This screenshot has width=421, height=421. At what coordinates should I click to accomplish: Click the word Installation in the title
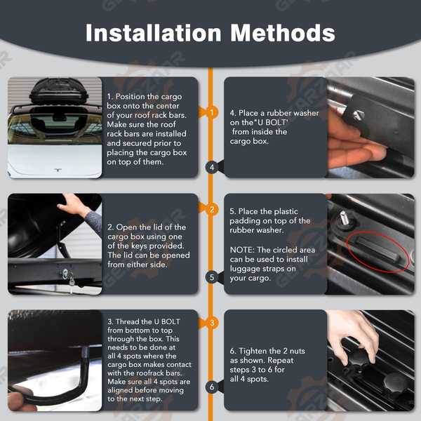tap(153, 33)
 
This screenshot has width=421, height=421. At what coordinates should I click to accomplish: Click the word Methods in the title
tap(283, 33)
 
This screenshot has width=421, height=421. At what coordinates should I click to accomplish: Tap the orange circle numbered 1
tap(212, 112)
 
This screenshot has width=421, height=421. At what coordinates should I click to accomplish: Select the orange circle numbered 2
tap(212, 209)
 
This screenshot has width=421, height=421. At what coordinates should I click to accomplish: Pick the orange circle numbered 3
tap(212, 323)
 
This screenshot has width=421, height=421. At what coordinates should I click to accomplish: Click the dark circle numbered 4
tap(212, 167)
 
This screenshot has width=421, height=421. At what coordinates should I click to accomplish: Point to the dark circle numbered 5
tap(212, 277)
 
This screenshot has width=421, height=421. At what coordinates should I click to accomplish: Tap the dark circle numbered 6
tap(212, 387)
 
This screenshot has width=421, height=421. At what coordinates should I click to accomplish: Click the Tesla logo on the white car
tap(58, 171)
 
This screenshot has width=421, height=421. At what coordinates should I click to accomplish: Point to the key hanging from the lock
tap(72, 281)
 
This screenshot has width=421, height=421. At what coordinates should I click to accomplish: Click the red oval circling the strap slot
tap(378, 252)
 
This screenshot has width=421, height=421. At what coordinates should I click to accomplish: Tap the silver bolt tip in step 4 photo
tap(358, 115)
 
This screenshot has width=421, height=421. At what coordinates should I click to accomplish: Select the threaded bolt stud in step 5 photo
tap(345, 218)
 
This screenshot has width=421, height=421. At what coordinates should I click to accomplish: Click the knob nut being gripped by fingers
tap(359, 359)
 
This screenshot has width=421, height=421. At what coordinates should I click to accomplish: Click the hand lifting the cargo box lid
tap(72, 205)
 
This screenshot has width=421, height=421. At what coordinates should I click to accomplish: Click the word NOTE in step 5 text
tap(242, 250)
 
